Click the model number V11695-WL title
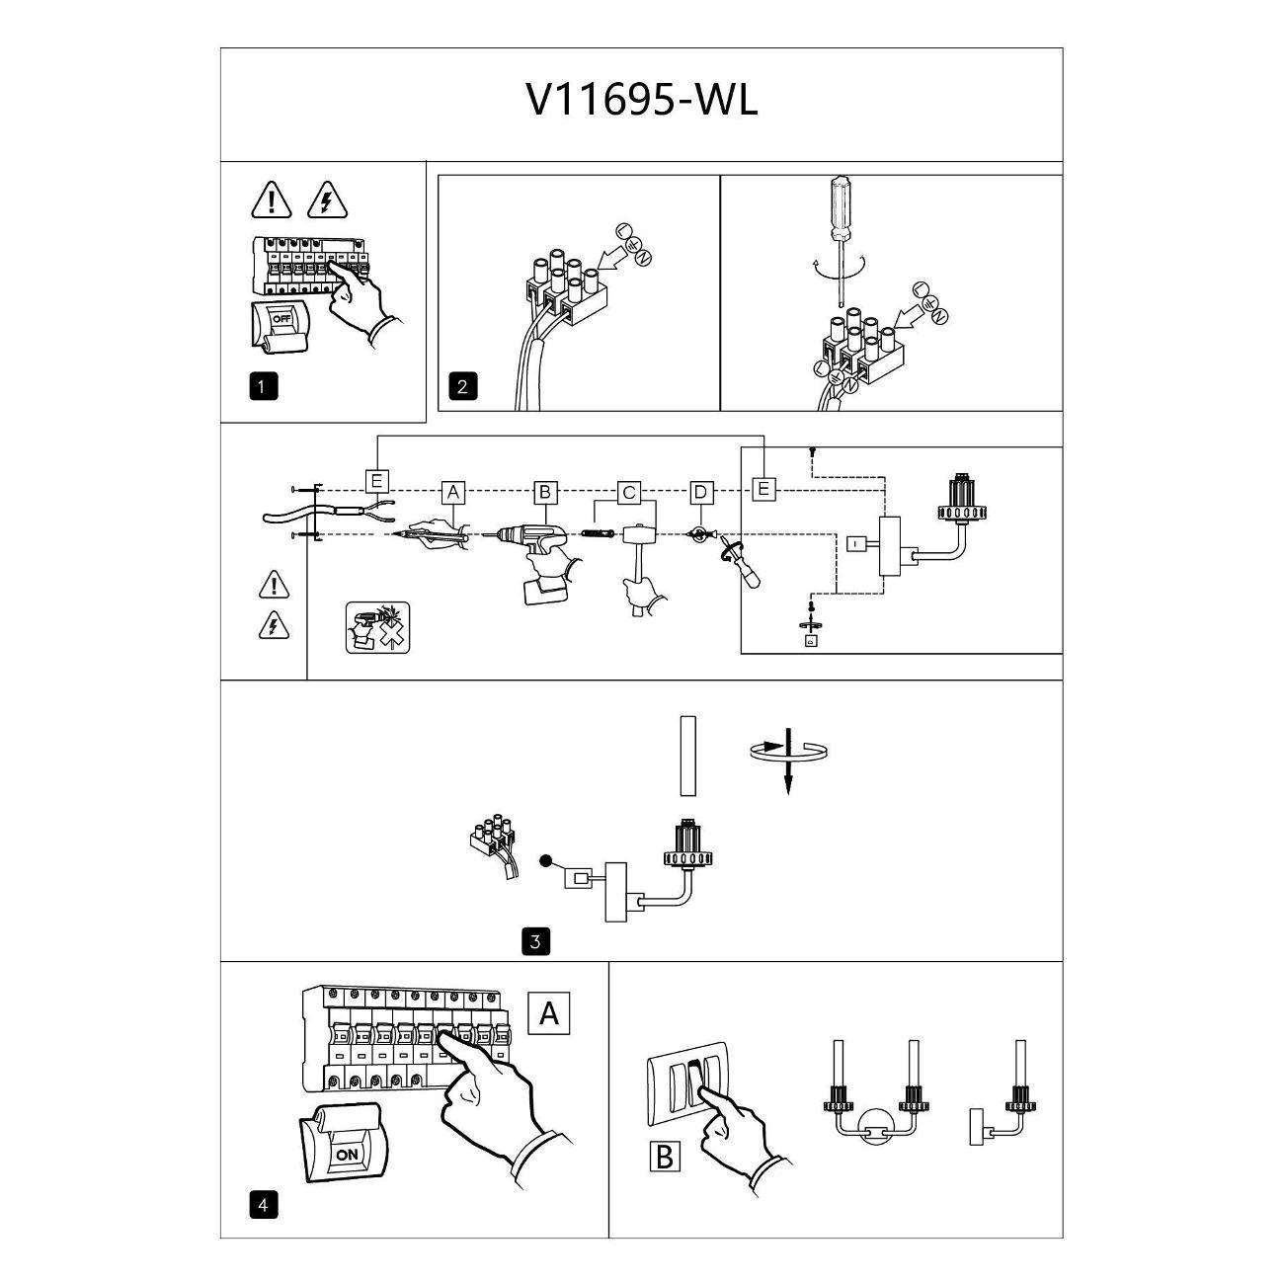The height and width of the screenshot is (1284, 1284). coord(642,102)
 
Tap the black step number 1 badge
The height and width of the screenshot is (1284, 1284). coord(263,387)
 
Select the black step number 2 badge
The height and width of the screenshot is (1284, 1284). coord(463,387)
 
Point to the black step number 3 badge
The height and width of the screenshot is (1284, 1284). coord(536,942)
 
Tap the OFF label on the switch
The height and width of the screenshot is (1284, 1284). coord(281,318)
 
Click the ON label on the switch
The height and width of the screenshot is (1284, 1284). coord(347,1155)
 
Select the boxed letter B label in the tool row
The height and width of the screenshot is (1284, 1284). coord(545,493)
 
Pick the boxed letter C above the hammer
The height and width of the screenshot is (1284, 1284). coord(628,493)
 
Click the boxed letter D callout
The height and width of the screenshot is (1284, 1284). coord(700,493)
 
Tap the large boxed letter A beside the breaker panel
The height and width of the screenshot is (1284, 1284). coord(549,1013)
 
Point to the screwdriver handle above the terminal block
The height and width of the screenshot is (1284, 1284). coord(842,207)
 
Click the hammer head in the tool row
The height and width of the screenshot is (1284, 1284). coord(640,535)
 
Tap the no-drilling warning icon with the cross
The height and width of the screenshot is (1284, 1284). coord(378,627)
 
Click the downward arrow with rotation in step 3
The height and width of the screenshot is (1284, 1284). coord(788,761)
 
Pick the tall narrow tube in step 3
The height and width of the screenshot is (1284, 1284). coord(688,757)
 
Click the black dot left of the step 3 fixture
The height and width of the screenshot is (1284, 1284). coord(546,861)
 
